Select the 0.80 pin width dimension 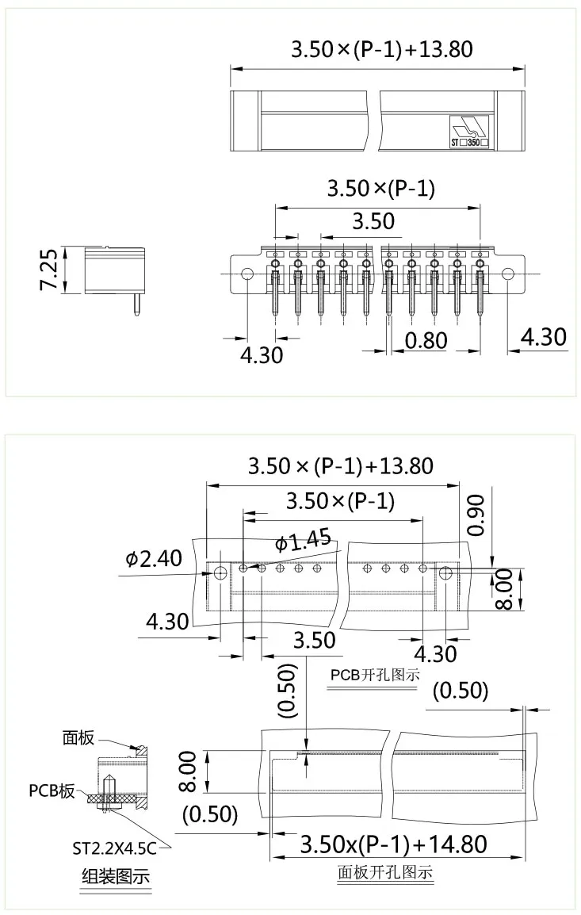[426, 340]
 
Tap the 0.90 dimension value [476, 515]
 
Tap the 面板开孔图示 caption [385, 873]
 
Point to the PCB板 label [52, 791]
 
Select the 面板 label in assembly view [78, 737]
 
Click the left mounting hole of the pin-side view [247, 274]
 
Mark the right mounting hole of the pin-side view [507, 274]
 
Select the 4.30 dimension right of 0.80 [543, 337]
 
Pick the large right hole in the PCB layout [445, 572]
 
